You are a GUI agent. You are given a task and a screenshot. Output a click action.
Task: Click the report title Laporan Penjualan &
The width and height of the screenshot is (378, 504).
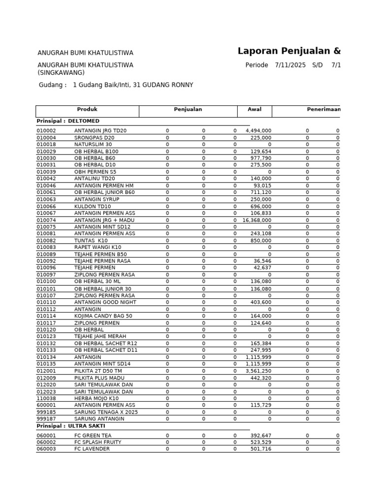click(289, 51)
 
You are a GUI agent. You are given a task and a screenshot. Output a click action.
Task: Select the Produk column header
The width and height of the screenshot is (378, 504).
click(87, 110)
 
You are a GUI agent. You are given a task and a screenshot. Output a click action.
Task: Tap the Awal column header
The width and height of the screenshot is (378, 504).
click(254, 110)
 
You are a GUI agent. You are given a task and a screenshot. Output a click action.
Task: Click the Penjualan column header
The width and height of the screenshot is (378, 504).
click(188, 110)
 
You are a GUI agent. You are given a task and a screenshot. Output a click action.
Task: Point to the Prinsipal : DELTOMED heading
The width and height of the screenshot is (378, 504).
click(68, 121)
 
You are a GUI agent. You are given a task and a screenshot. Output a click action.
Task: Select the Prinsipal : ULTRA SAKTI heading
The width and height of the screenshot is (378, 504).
click(71, 426)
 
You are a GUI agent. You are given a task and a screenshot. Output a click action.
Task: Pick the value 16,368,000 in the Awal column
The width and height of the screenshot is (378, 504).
click(257, 220)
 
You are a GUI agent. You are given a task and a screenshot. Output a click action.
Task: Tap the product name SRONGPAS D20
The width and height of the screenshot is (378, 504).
click(94, 138)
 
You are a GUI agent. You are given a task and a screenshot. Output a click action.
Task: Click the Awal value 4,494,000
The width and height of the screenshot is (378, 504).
click(258, 130)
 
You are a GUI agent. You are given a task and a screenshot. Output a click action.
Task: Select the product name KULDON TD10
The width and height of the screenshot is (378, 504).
click(93, 206)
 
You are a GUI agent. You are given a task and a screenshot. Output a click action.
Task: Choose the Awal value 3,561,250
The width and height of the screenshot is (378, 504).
click(258, 371)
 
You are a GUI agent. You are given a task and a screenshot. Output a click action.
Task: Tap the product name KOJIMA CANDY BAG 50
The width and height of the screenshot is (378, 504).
click(104, 316)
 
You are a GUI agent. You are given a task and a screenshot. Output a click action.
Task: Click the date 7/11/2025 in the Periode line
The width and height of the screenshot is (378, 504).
click(290, 65)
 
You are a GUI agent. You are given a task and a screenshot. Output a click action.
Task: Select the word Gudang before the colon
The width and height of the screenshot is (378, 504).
click(50, 85)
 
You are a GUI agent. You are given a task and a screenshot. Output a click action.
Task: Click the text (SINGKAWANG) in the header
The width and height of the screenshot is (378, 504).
click(61, 73)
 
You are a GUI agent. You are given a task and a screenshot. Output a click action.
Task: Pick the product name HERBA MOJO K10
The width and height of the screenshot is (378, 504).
click(96, 398)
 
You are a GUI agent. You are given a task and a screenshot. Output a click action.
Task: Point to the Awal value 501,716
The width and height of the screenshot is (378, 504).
click(261, 449)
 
